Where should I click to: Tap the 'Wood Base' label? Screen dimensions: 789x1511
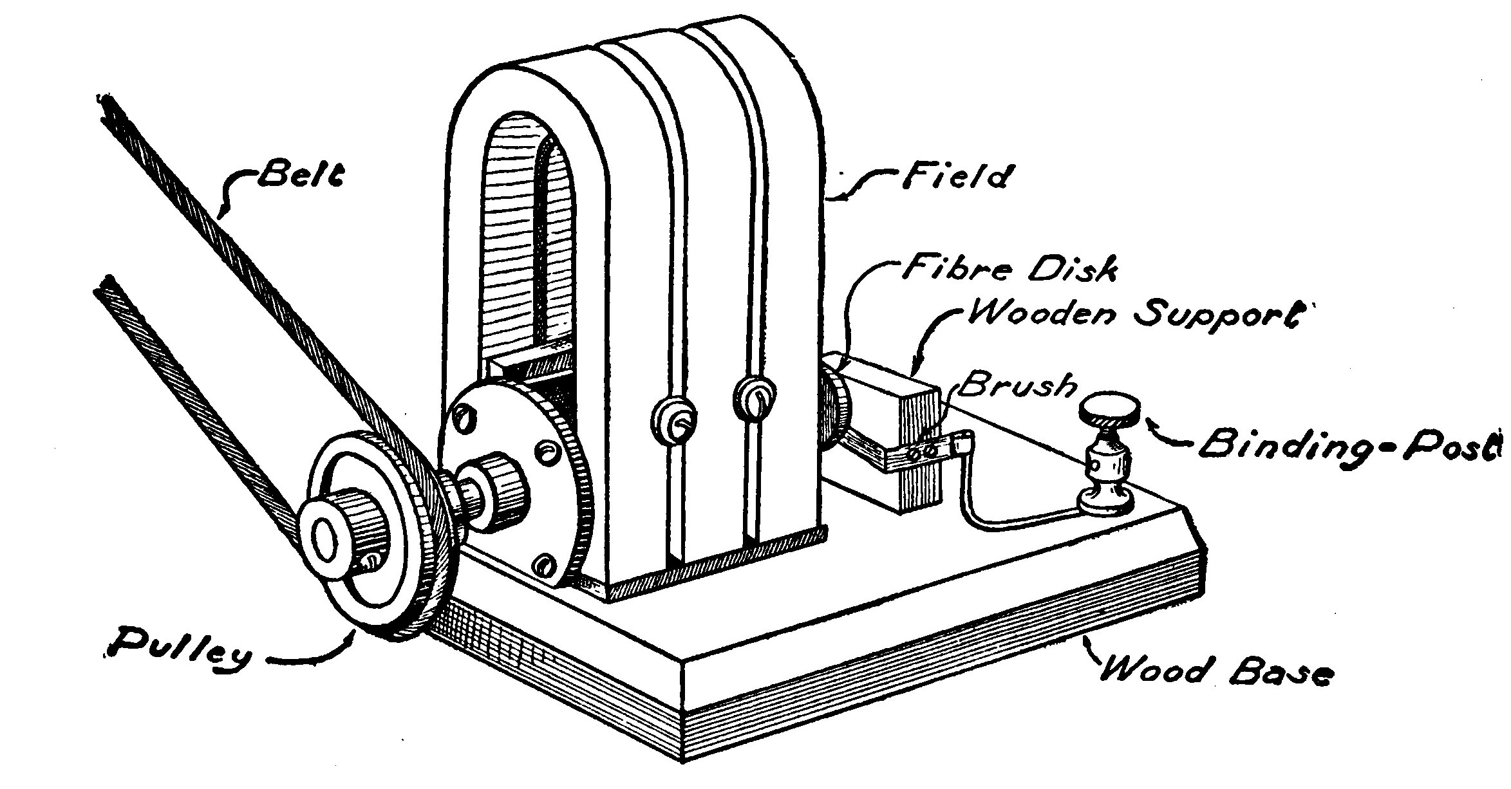coord(1214,672)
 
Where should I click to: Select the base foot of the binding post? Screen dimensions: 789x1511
coord(1106,499)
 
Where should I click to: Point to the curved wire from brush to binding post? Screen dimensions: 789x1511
coord(1004,508)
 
